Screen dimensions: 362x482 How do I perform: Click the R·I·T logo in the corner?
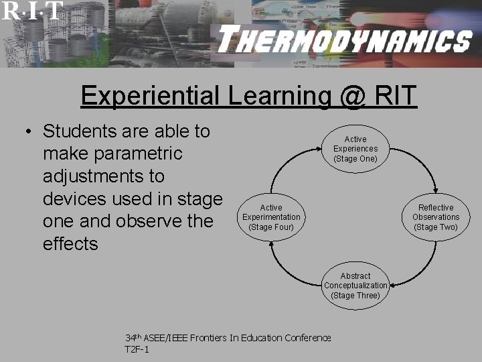click(31, 10)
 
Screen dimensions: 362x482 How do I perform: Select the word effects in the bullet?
click(70, 244)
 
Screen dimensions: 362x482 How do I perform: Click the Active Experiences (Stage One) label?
click(355, 149)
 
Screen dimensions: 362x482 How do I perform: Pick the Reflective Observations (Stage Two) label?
click(436, 217)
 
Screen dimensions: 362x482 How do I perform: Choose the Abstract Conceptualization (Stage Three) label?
click(355, 286)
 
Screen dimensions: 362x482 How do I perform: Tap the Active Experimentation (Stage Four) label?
click(271, 217)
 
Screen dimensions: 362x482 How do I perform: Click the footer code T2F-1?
click(137, 350)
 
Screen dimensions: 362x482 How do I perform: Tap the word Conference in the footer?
click(305, 338)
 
